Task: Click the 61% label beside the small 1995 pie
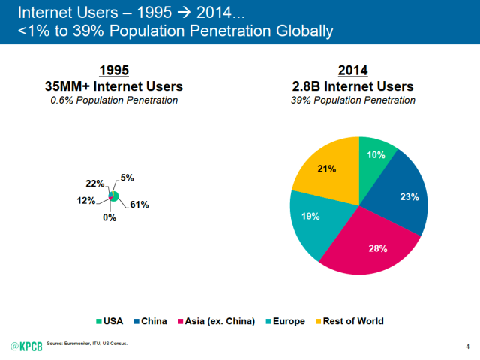point(139,205)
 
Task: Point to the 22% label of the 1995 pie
point(93,184)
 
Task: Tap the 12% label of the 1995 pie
point(85,200)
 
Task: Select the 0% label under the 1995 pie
point(109,218)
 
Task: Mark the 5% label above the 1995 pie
point(127,178)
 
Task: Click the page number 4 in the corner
point(466,345)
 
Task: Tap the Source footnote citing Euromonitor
point(87,343)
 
